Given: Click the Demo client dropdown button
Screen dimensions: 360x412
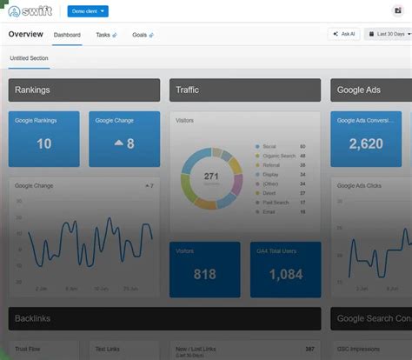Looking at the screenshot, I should (88, 11).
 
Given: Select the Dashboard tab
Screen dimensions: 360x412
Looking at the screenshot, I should (67, 35).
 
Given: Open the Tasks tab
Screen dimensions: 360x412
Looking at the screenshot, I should (106, 35).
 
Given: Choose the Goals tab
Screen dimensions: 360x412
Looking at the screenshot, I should (143, 35).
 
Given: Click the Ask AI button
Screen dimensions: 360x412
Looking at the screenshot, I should (344, 34).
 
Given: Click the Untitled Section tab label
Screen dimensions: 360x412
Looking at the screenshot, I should (30, 58).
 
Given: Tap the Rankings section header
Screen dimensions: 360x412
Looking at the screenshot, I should (84, 90).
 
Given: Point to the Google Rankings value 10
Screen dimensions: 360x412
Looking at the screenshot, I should (43, 143).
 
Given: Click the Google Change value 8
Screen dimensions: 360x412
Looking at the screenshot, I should (125, 143).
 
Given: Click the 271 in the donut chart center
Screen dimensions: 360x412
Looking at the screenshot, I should (211, 177).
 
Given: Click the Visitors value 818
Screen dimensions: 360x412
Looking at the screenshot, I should (205, 274).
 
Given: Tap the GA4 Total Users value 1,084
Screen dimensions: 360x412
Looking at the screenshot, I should (285, 274).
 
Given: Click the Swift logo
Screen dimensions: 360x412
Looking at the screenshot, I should (30, 11).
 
